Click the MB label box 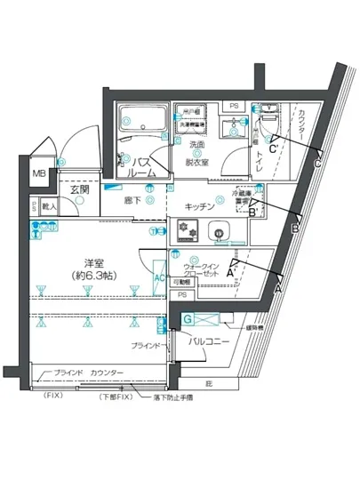tap(39, 174)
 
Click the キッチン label tap(200, 206)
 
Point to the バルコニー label tap(209, 341)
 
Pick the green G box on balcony tap(188, 318)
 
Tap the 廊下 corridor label tap(133, 201)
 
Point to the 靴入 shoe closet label tap(49, 207)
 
